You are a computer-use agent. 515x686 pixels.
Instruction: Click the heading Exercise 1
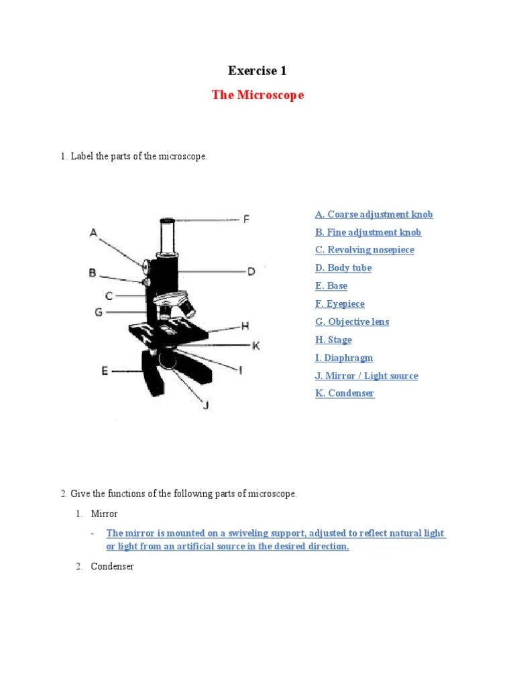[257, 70]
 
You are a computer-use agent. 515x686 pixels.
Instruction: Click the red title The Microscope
[257, 95]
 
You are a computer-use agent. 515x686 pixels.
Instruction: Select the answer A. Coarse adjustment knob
[374, 214]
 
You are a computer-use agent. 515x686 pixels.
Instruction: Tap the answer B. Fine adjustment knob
[368, 232]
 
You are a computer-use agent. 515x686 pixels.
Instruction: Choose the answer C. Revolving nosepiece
[364, 250]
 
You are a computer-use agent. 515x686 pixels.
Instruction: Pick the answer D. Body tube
[343, 268]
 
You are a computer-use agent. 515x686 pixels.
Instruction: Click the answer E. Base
[331, 286]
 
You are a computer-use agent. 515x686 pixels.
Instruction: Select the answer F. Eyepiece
[340, 304]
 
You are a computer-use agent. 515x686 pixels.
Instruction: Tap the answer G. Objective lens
[352, 322]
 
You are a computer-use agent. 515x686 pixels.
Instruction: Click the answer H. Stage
[333, 340]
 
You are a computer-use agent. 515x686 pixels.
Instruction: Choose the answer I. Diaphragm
[344, 358]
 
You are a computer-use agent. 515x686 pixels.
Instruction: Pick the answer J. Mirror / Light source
[366, 376]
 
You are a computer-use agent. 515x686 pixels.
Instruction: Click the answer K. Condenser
[345, 394]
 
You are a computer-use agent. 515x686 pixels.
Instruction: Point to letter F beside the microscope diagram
[246, 219]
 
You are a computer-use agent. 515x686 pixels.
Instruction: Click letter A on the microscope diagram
[94, 232]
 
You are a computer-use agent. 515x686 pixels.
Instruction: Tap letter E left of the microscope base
[105, 370]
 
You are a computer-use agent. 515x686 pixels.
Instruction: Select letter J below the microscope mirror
[206, 405]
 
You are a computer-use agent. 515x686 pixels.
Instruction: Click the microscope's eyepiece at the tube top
[168, 220]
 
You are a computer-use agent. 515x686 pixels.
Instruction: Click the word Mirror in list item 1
[104, 514]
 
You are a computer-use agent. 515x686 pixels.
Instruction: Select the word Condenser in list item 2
[113, 567]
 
